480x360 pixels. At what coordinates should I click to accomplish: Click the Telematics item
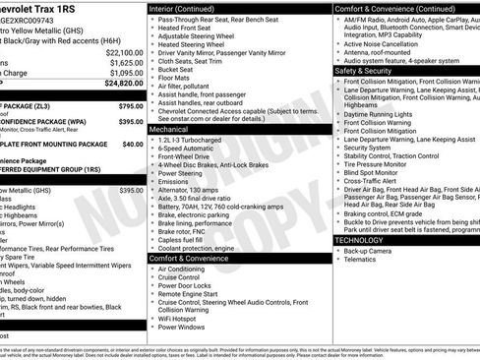click(x=361, y=262)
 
